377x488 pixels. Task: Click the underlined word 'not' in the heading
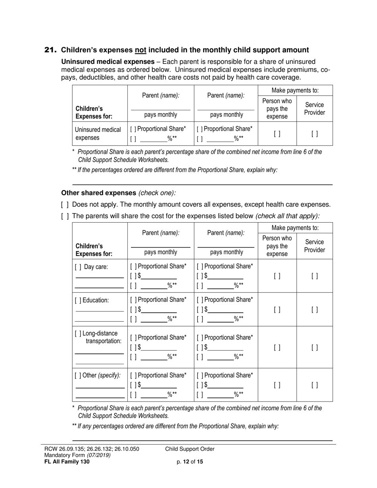141,50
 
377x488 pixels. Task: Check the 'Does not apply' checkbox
65,205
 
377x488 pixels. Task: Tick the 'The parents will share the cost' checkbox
65,216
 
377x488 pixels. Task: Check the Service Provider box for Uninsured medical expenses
314,134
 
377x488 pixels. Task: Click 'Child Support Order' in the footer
190,449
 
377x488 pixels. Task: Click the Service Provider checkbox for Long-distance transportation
314,348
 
